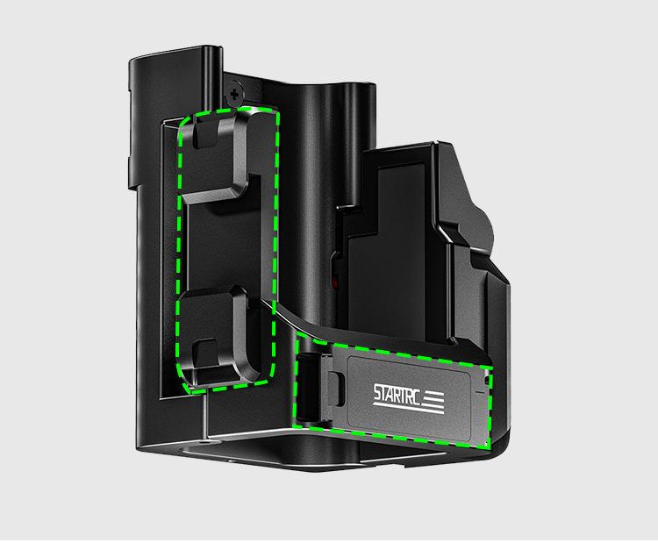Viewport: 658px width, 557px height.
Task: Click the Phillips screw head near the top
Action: tap(234, 95)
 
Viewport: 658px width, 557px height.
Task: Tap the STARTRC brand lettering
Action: tap(397, 394)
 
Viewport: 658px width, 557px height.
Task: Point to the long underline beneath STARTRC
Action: tap(408, 409)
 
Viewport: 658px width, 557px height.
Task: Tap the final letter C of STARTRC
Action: tap(416, 396)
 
